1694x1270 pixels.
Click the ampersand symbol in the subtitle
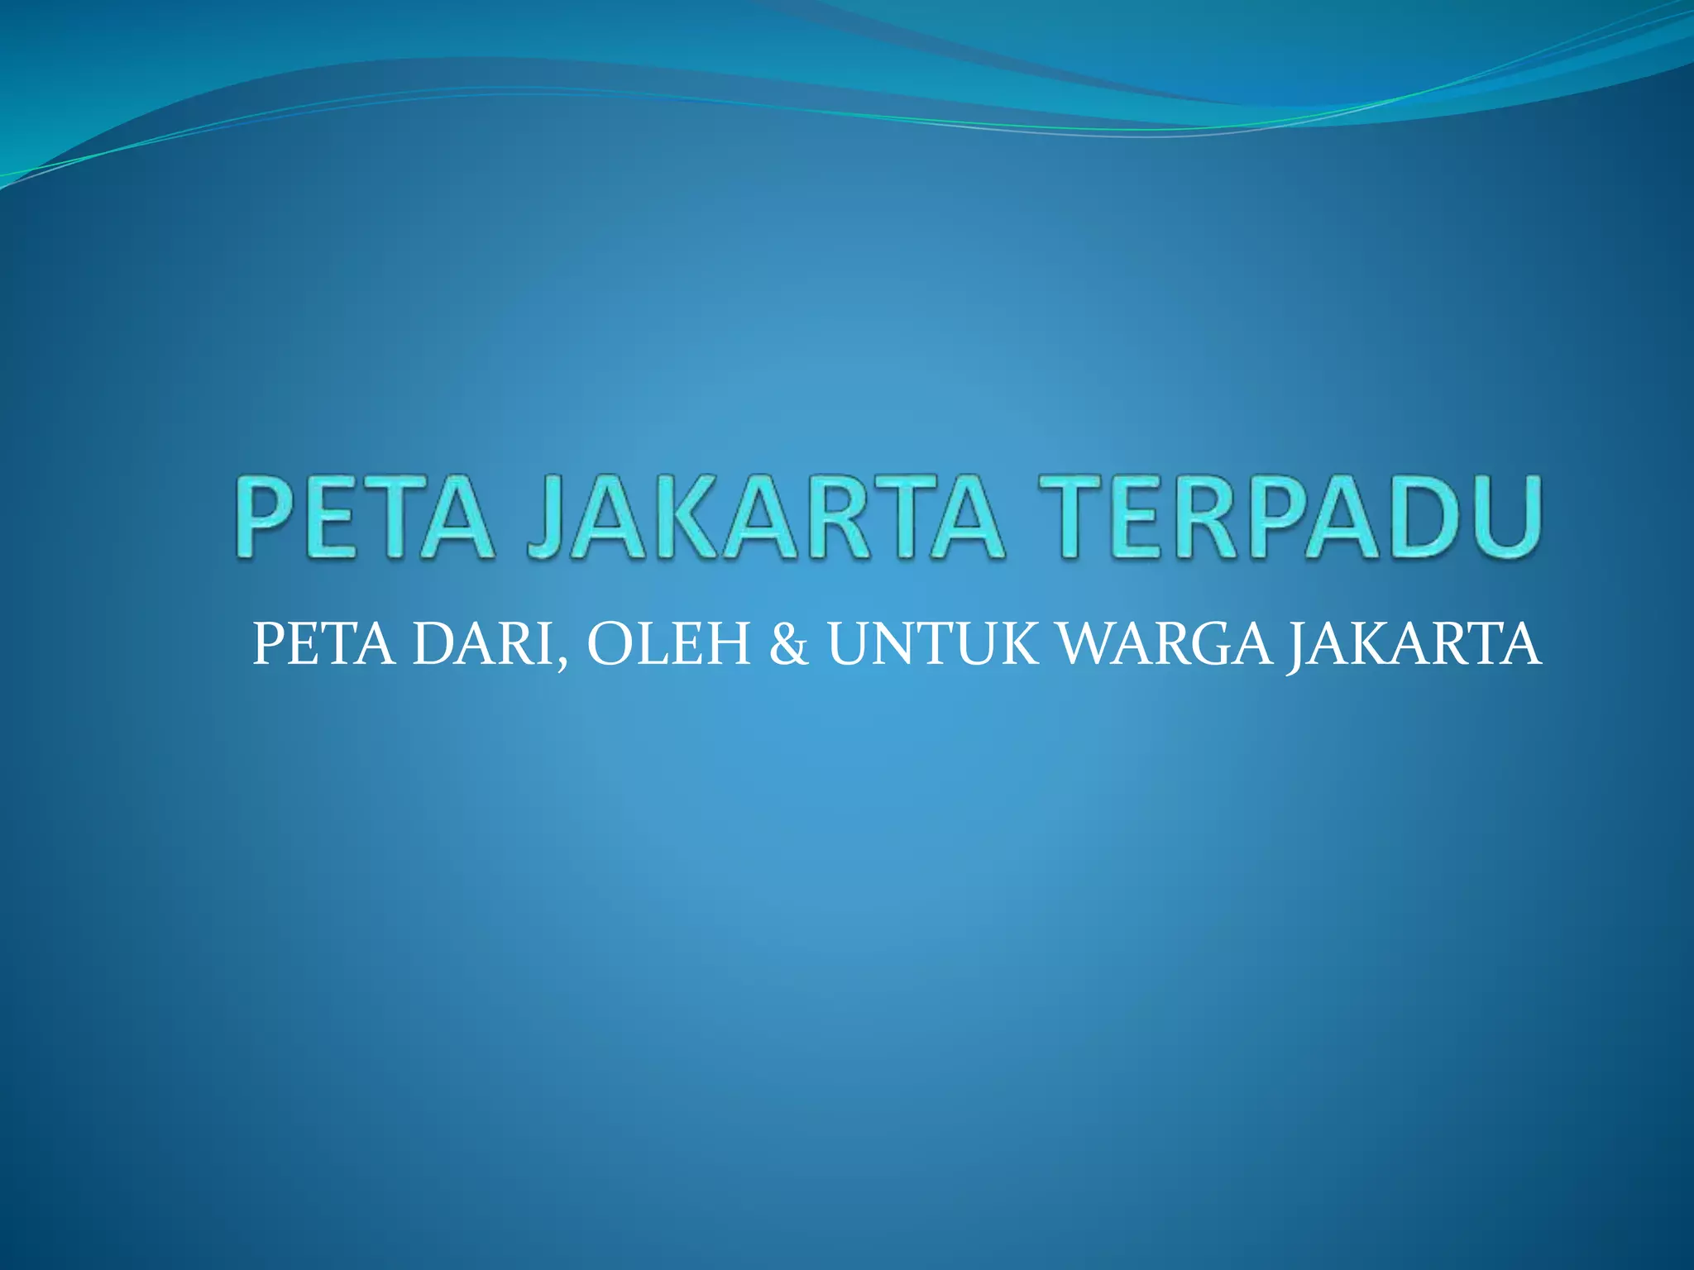point(788,645)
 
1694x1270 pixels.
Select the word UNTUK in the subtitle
point(933,645)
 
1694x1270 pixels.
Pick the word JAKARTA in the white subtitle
point(1414,645)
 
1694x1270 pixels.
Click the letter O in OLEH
point(613,645)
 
